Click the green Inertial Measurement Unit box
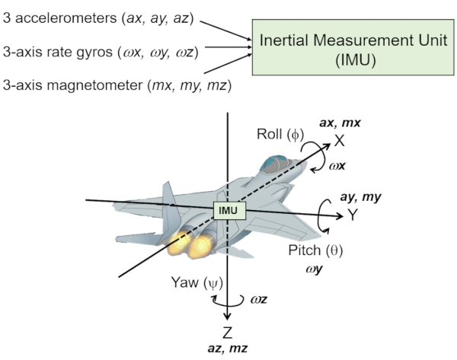[x=353, y=47]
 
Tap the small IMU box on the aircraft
[x=230, y=210]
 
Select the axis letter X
[x=339, y=141]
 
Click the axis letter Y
[x=353, y=215]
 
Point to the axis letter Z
[x=227, y=333]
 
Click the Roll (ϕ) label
[x=280, y=135]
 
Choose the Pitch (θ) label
[x=315, y=250]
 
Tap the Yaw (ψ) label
[x=197, y=283]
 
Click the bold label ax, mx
[x=340, y=123]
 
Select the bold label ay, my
[x=360, y=197]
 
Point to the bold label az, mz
[x=228, y=349]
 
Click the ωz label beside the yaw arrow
[x=259, y=299]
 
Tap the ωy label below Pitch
[x=314, y=269]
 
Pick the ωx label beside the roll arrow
[x=337, y=166]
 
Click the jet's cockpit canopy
[x=275, y=164]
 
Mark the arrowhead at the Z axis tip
[x=227, y=317]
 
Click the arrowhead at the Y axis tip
[x=340, y=216]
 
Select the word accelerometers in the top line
[x=66, y=18]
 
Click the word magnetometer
[x=94, y=85]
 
